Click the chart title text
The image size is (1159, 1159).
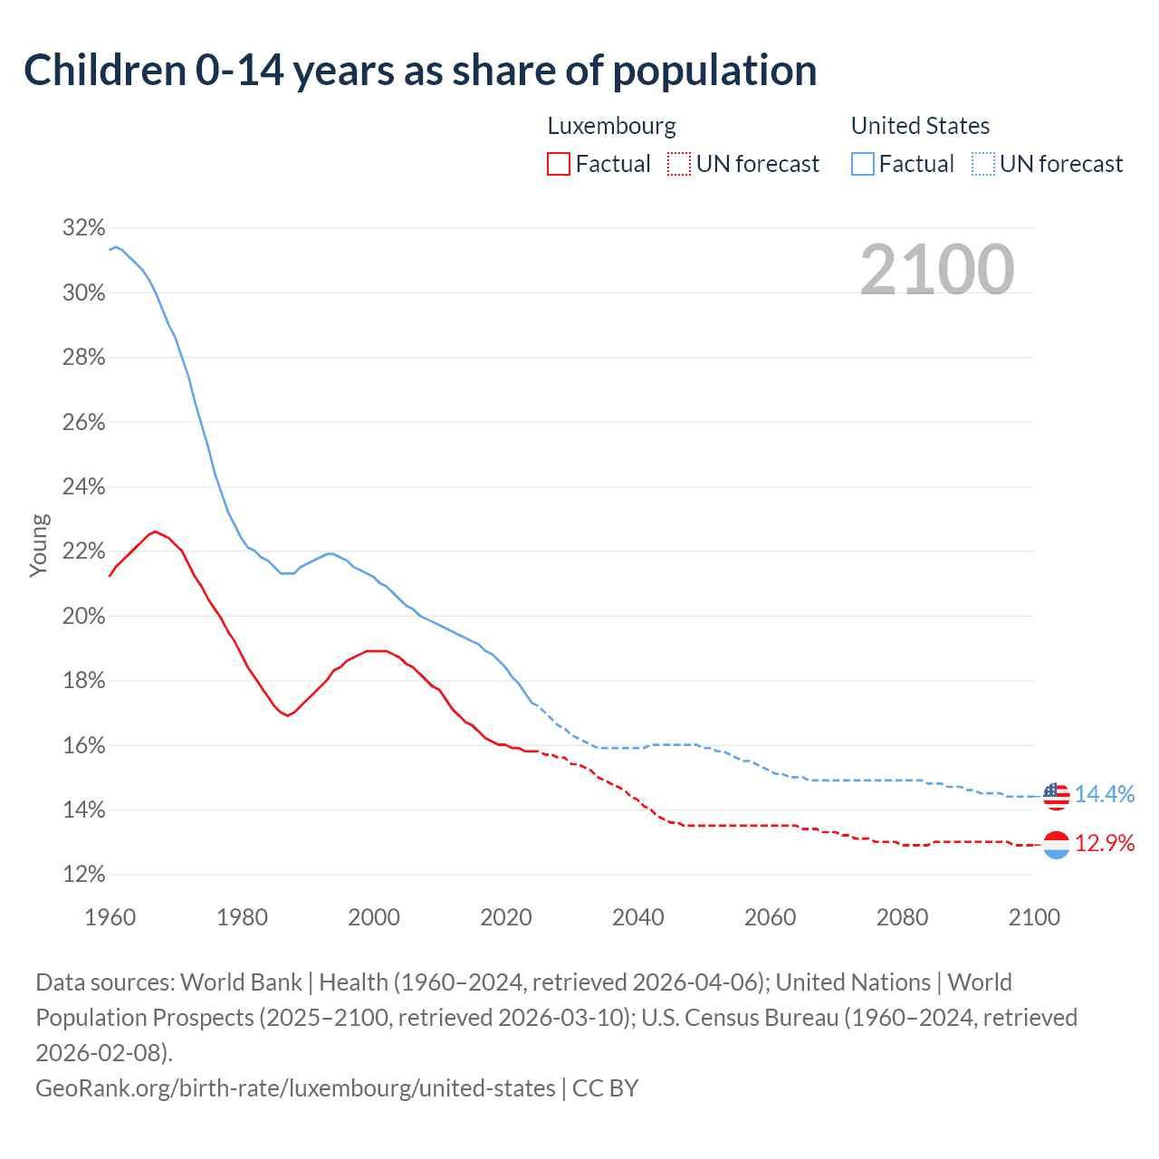pos(420,71)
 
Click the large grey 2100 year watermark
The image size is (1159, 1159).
pos(936,270)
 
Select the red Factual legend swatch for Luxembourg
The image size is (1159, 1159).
pos(559,164)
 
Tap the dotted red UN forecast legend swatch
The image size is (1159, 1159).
pos(678,164)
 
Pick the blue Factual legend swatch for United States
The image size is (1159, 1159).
pos(862,164)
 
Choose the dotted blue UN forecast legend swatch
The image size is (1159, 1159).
pos(982,164)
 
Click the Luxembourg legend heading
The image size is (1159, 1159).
pos(611,126)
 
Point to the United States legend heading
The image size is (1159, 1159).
pos(920,126)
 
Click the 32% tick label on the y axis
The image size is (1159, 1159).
pos(83,228)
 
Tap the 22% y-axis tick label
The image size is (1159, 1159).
pos(83,551)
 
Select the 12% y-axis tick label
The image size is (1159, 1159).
pos(83,875)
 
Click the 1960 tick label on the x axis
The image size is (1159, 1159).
pos(110,917)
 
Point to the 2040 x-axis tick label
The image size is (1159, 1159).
pos(638,917)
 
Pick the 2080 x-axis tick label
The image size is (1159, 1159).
pos(902,917)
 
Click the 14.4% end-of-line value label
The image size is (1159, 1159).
pos(1105,794)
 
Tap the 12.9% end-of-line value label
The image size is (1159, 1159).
pos(1105,844)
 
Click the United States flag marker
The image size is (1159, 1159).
pos(1056,795)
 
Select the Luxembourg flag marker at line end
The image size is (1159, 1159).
pos(1056,845)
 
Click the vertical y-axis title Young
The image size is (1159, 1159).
pos(39,545)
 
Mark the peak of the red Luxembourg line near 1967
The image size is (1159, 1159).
pos(156,532)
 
